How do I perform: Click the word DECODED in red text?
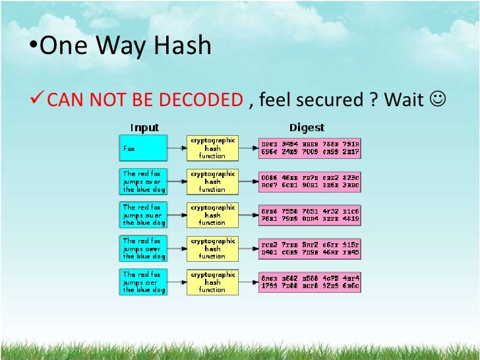click(x=208, y=100)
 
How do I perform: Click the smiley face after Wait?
click(x=436, y=100)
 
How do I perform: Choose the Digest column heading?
click(x=307, y=127)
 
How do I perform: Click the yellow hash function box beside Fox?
click(x=212, y=148)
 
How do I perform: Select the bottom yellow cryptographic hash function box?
click(x=212, y=282)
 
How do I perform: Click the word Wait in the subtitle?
click(x=404, y=100)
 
